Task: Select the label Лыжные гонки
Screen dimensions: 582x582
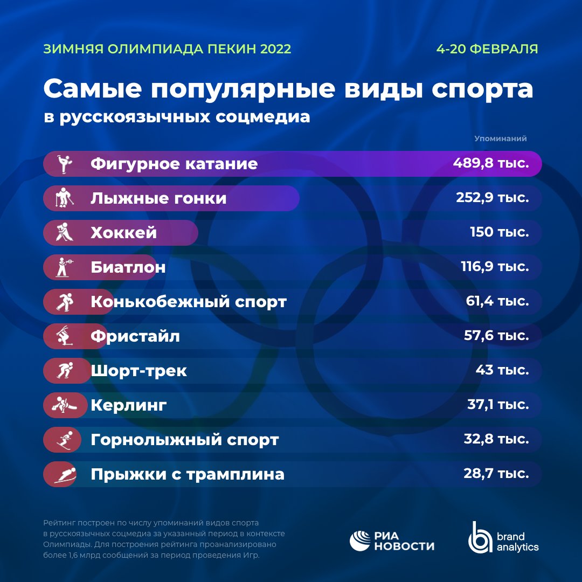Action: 158,198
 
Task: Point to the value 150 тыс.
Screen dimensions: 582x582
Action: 498,232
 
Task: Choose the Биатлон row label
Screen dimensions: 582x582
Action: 128,267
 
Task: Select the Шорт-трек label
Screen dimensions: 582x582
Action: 139,371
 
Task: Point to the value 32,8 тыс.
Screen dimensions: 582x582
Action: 496,439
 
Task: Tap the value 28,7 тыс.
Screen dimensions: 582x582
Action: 496,474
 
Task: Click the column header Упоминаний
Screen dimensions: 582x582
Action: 500,138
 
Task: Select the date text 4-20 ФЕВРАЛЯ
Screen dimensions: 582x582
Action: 487,49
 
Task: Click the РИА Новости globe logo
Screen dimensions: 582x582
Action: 360,541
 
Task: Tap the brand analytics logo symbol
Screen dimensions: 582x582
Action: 479,538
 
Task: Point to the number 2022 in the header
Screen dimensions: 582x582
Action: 275,49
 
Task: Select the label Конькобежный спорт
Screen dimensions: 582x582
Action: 189,302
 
